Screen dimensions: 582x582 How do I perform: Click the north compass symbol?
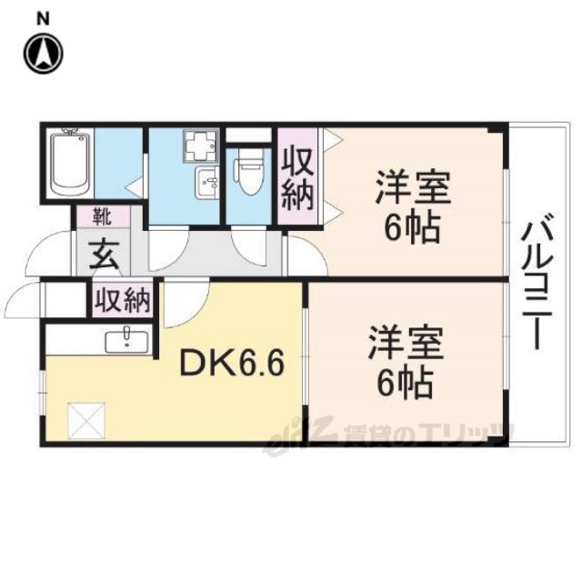(44, 55)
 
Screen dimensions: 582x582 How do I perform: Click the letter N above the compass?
(44, 19)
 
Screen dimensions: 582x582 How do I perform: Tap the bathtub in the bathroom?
(70, 163)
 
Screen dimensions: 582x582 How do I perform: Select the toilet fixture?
(249, 172)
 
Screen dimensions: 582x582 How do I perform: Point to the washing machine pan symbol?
(200, 145)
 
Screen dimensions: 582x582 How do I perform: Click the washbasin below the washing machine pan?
(206, 183)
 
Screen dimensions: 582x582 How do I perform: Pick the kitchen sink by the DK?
(127, 342)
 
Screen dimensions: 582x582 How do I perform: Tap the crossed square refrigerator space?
(87, 421)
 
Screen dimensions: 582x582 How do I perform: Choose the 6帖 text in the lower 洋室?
(405, 382)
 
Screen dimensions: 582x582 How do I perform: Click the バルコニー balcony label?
(537, 281)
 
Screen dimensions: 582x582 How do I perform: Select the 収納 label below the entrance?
(123, 300)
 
